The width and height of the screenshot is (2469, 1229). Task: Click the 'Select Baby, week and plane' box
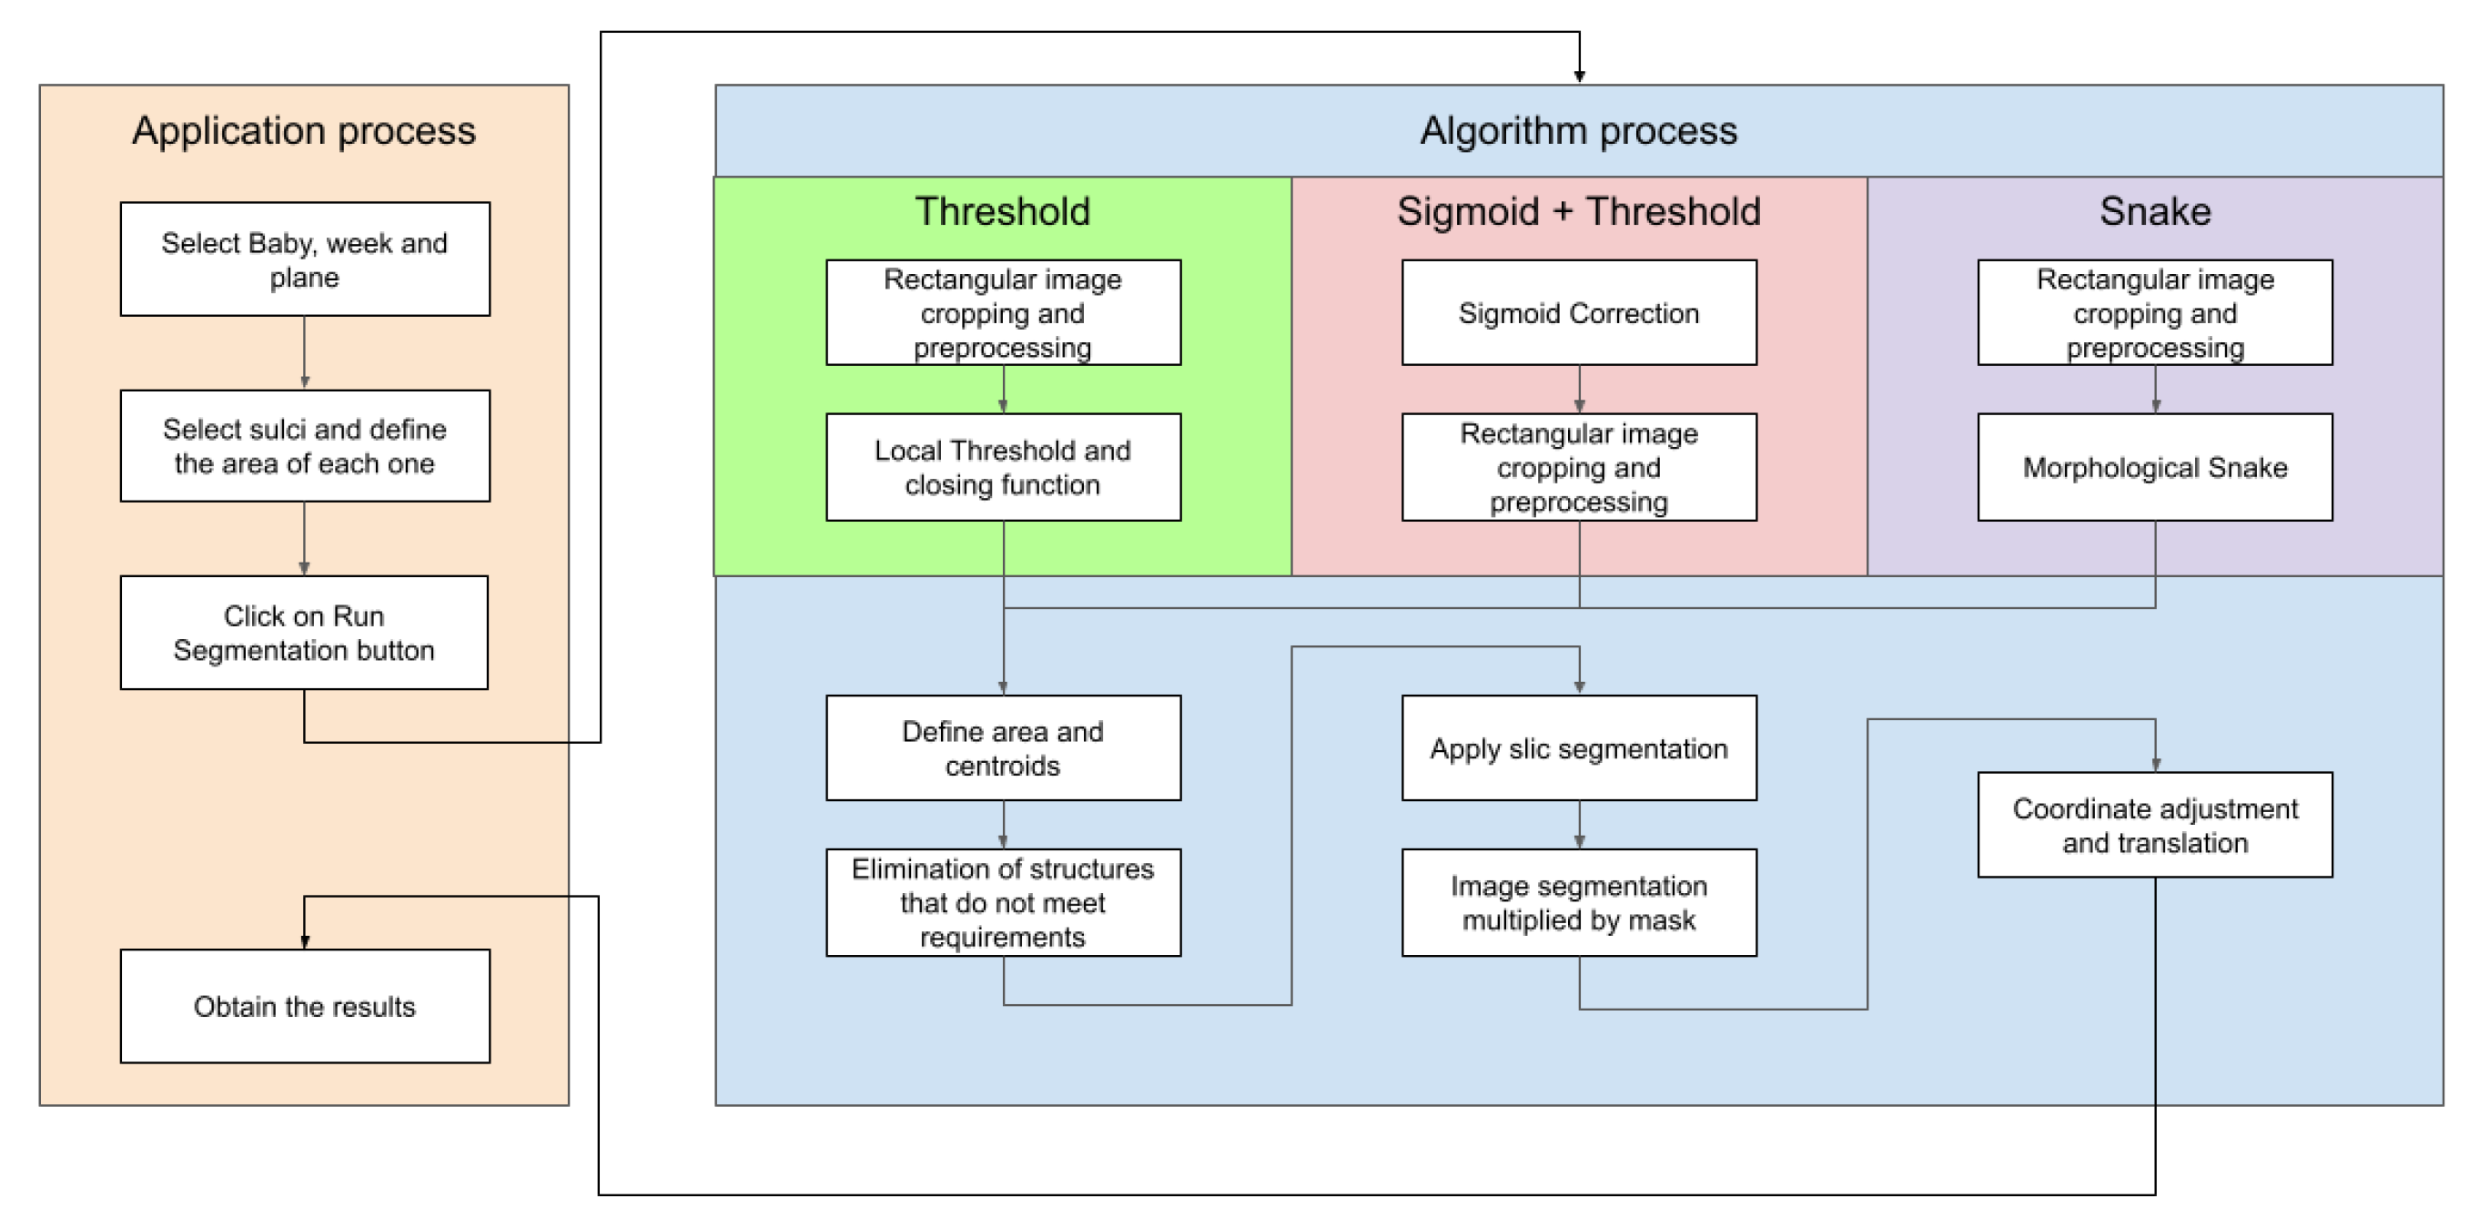305,259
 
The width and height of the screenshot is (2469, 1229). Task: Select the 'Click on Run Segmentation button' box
304,633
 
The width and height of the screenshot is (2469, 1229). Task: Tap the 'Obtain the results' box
305,1007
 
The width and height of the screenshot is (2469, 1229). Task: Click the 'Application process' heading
304,130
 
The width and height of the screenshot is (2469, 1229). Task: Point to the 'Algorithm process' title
1579,130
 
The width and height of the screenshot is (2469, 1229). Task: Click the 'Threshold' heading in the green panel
1003,211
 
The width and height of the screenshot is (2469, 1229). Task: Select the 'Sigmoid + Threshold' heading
1579,211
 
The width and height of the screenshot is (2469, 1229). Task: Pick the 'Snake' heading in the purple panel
2155,211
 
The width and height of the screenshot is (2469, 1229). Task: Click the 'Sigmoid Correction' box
1579,312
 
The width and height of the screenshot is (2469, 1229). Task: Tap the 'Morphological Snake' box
2155,468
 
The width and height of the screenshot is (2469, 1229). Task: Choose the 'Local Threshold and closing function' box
1003,468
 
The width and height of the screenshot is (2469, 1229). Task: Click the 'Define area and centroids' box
1003,747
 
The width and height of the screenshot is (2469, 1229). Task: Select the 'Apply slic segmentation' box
1579,747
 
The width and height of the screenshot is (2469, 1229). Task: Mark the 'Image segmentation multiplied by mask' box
1579,902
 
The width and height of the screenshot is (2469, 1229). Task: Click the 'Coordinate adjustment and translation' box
2155,825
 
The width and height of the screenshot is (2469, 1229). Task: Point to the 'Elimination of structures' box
1003,902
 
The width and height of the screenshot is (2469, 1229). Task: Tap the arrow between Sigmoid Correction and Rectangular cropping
1580,391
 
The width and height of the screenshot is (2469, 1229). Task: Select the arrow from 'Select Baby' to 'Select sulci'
305,353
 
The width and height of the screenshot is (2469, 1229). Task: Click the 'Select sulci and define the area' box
305,446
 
